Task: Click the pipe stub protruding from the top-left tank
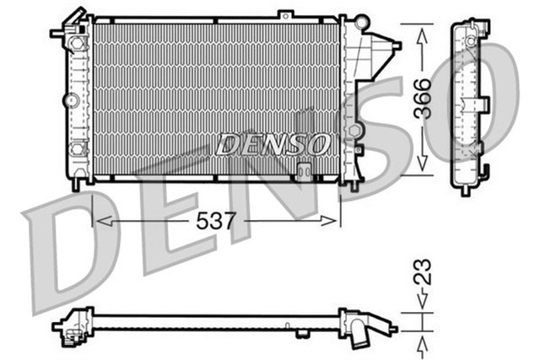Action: pos(57,33)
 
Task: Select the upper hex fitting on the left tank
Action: pos(78,41)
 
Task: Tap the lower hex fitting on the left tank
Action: pos(78,149)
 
